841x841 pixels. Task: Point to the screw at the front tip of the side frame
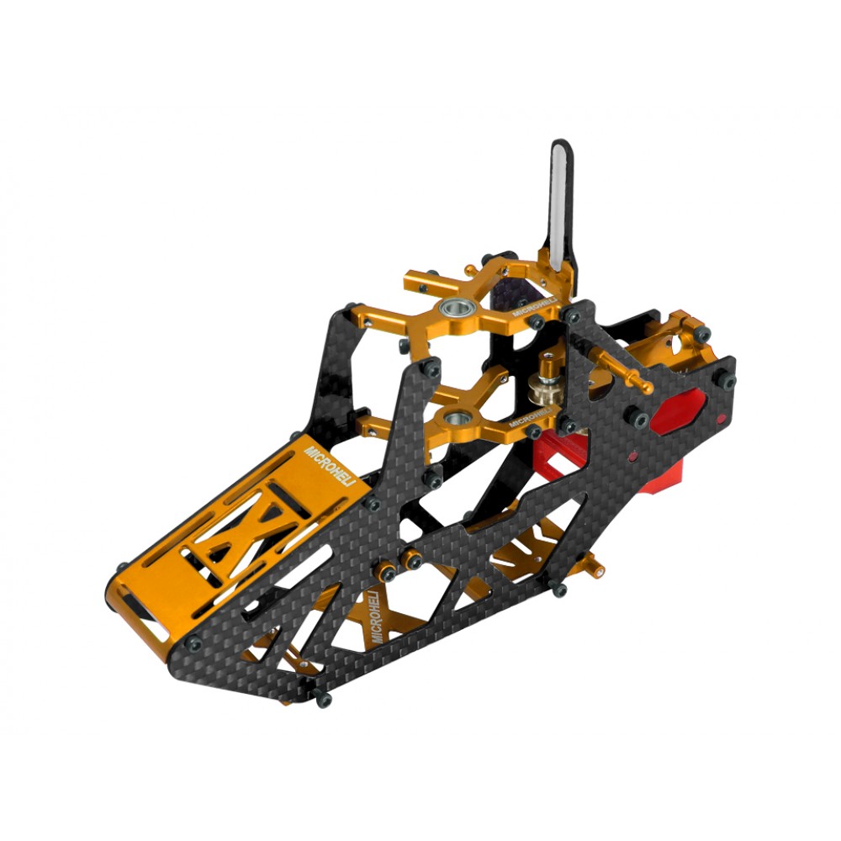[193, 643]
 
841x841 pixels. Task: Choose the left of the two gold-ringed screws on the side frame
[389, 574]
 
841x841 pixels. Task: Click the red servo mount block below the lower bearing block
[559, 454]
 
